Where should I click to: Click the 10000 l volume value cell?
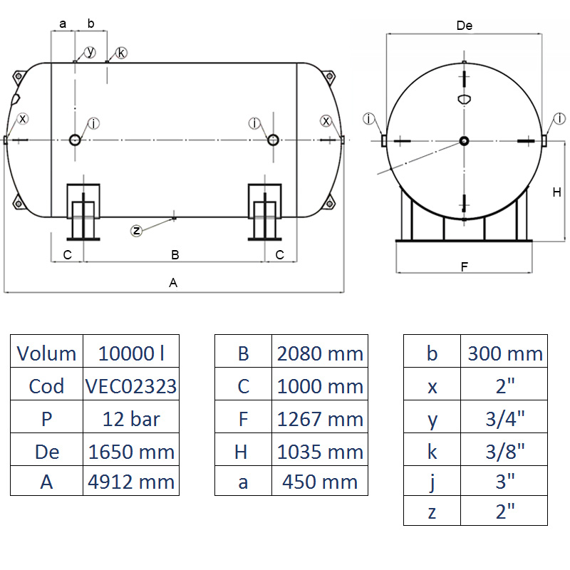[131, 353]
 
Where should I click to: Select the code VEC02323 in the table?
[131, 385]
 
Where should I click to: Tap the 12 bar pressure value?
[131, 418]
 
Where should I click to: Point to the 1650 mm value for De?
[131, 450]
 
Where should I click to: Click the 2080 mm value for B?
[320, 353]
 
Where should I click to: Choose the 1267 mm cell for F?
[320, 418]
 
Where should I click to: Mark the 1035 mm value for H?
[320, 450]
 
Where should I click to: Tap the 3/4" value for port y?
[505, 419]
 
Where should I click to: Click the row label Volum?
[46, 353]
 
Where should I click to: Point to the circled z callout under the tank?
[138, 229]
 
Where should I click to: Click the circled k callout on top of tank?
[120, 53]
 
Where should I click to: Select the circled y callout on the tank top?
[90, 52]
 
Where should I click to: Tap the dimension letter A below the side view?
[173, 283]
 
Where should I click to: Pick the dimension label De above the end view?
[465, 26]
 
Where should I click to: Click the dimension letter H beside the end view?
[558, 192]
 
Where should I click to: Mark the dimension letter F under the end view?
[464, 267]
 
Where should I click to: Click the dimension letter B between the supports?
[175, 254]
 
